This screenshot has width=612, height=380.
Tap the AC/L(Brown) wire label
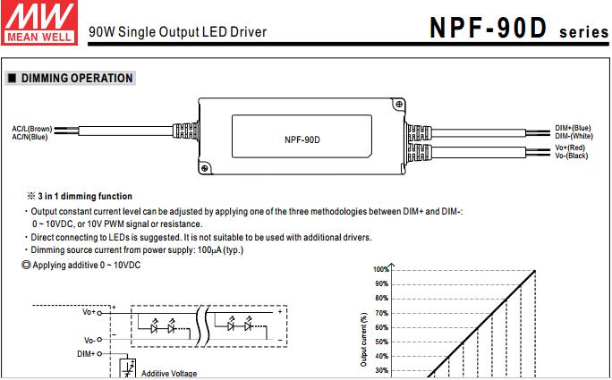tap(31, 129)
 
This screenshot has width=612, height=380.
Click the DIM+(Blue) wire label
tap(573, 128)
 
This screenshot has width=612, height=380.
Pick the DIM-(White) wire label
tap(574, 135)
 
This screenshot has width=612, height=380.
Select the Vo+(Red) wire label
tap(570, 148)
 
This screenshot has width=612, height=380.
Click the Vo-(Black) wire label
tap(571, 155)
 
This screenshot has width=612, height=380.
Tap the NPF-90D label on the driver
tap(302, 139)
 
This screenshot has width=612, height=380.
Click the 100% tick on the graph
tap(380, 269)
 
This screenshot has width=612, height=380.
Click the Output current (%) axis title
tap(363, 340)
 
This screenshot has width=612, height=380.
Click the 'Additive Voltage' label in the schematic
tap(169, 374)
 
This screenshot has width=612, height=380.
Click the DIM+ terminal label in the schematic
tap(88, 354)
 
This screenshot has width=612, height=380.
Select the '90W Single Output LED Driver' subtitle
tap(177, 32)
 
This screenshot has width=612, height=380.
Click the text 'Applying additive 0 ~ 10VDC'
tap(87, 266)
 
